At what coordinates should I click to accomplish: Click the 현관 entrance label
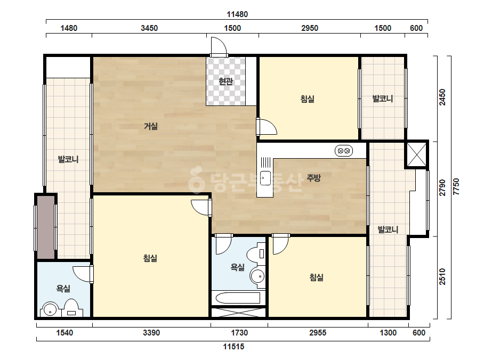(x=225, y=81)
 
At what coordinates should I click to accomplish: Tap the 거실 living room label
(x=151, y=126)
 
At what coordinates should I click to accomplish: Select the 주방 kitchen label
(x=313, y=178)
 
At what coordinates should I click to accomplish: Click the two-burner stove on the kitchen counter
(x=344, y=151)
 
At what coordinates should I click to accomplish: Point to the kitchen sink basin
(x=265, y=178)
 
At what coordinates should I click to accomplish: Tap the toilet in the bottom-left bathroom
(x=71, y=308)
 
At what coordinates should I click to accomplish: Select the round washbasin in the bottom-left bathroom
(x=50, y=309)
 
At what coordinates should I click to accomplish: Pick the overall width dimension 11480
(x=237, y=14)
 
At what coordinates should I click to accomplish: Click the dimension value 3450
(x=149, y=28)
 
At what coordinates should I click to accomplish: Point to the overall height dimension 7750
(x=456, y=186)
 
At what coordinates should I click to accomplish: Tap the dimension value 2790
(x=442, y=187)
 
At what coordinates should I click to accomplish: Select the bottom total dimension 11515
(x=234, y=347)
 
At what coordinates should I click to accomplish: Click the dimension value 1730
(x=239, y=333)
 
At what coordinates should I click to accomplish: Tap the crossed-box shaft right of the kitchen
(x=417, y=154)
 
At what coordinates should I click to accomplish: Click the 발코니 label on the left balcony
(x=68, y=159)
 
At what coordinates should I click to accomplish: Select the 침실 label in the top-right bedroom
(x=308, y=99)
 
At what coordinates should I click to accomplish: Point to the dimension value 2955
(x=318, y=333)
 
